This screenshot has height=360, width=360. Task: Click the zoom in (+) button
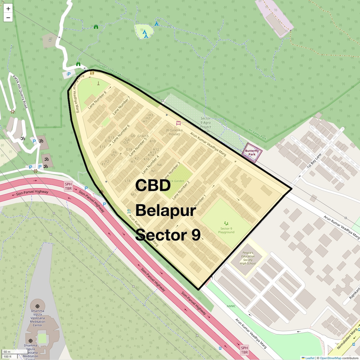[8, 9]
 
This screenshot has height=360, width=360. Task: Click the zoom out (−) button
[8, 18]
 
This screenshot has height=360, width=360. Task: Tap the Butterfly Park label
[252, 153]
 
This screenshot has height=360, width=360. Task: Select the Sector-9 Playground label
[226, 230]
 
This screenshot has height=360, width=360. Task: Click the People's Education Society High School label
[248, 258]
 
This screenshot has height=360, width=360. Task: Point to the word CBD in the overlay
[153, 185]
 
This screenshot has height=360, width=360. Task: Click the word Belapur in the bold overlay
[166, 210]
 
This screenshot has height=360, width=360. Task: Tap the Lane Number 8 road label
[97, 100]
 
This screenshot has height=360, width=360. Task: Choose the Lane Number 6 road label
[120, 134]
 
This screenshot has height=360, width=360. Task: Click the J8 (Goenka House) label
[174, 132]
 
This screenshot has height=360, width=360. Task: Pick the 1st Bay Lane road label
[314, 160]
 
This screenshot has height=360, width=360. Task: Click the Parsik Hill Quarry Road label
[20, 92]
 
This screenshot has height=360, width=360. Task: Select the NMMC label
[231, 306]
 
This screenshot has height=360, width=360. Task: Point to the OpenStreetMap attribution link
[330, 358]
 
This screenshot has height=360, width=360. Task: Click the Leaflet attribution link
[310, 358]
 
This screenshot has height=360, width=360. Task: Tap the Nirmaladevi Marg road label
[347, 339]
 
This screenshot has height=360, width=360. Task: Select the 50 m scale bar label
[7, 352]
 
